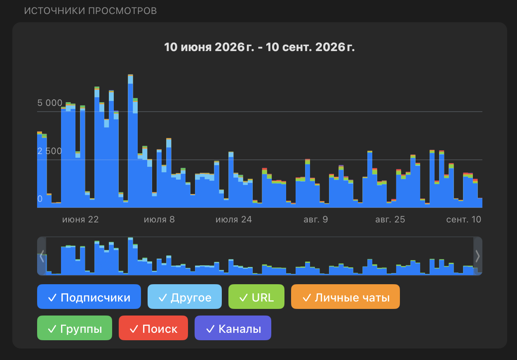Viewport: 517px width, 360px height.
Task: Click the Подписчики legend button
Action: pos(89,297)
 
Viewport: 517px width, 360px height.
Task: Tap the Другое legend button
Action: pos(185,297)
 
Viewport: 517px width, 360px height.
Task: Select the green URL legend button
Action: pos(256,297)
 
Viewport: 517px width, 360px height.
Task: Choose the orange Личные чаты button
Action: pos(345,297)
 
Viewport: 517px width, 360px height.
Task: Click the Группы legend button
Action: pos(75,328)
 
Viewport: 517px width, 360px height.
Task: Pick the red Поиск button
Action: pos(153,328)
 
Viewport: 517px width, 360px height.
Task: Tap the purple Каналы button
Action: pos(233,328)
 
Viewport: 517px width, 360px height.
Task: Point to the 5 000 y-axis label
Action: pos(50,103)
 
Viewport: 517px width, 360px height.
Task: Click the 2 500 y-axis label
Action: pos(49,151)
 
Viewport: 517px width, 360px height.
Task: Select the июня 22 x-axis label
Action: pos(80,219)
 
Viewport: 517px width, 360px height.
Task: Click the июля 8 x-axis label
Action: pos(159,219)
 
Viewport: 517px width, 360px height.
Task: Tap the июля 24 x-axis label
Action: pos(234,219)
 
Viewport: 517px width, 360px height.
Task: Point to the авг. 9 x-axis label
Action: pos(316,219)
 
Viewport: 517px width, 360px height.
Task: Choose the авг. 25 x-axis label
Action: pos(390,219)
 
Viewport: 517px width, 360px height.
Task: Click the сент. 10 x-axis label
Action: pos(463,219)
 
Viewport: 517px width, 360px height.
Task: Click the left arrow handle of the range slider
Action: pos(42,256)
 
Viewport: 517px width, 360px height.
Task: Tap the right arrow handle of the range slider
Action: pos(477,256)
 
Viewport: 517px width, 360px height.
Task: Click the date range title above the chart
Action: pos(259,47)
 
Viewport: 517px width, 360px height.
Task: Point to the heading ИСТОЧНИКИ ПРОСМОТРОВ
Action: pos(90,11)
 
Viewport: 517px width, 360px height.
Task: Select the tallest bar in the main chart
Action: pos(130,141)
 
